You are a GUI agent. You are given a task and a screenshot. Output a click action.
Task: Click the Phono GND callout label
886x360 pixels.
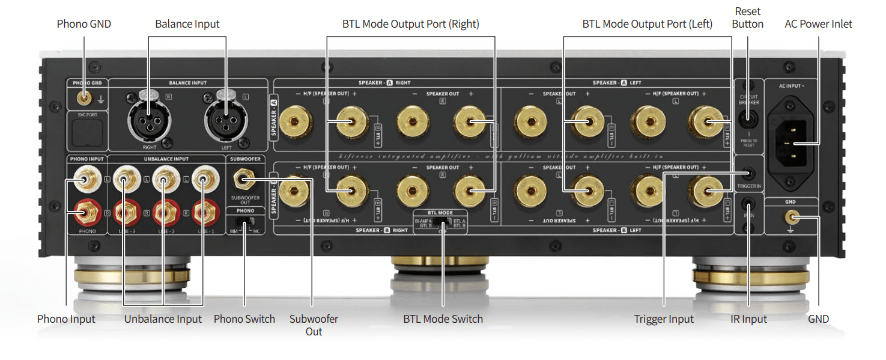84,24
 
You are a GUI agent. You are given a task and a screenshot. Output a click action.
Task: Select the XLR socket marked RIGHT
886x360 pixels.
149,118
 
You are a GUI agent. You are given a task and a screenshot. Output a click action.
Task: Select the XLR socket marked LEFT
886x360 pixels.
226,118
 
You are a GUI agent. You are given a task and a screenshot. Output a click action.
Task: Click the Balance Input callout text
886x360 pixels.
187,24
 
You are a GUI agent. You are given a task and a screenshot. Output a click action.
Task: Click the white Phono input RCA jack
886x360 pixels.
84,178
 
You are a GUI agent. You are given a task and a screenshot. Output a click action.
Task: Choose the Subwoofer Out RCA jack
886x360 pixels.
243,178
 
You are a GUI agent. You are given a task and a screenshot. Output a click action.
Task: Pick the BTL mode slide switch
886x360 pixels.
443,222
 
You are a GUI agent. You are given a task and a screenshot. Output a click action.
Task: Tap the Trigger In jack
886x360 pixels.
749,174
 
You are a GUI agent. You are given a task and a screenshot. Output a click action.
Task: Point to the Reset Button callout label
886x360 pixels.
748,18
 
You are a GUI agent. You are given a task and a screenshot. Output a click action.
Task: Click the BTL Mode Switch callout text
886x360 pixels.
443,319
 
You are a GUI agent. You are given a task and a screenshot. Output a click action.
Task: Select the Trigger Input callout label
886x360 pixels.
664,319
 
